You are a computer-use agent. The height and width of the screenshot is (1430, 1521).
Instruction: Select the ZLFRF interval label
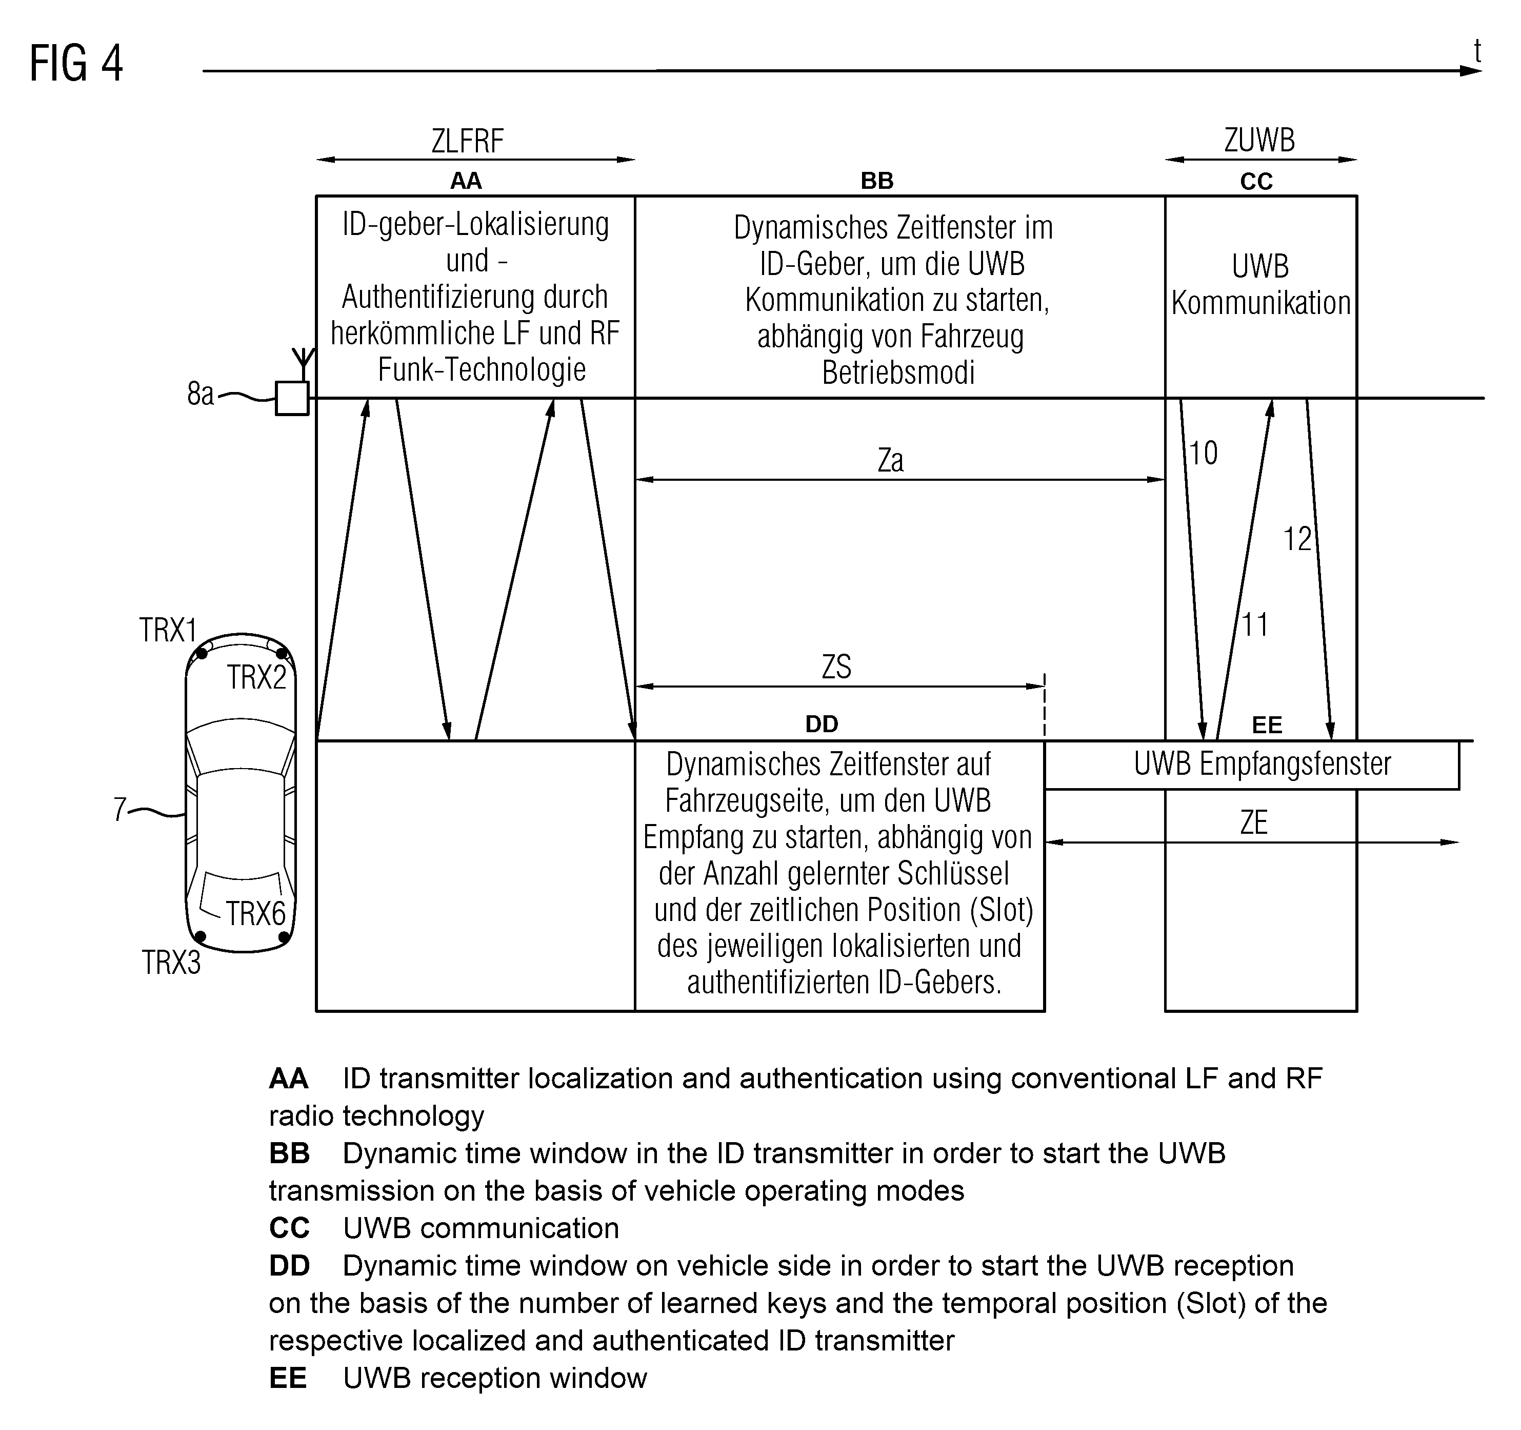click(468, 141)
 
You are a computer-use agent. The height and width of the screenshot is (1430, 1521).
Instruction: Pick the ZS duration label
click(836, 667)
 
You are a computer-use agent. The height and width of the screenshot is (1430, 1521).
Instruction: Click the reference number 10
click(1204, 453)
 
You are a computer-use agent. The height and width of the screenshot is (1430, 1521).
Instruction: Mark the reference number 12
click(1297, 540)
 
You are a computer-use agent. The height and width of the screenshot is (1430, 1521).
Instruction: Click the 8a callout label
click(201, 394)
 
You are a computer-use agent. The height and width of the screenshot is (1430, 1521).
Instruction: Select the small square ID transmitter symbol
click(292, 398)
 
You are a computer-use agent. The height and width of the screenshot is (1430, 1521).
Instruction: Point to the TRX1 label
click(168, 630)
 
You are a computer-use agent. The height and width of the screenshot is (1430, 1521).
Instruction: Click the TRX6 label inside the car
click(255, 913)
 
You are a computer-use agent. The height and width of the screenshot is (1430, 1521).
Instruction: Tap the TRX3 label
click(171, 962)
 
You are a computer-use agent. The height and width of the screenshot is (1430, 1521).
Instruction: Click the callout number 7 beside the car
click(119, 809)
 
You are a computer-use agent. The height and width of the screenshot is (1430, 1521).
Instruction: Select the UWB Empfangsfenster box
click(1252, 765)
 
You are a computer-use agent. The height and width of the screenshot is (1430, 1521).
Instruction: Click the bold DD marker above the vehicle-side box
click(822, 724)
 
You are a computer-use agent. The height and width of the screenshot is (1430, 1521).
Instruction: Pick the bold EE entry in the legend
click(288, 1378)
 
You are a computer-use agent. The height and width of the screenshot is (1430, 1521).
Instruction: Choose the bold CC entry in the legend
click(289, 1228)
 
